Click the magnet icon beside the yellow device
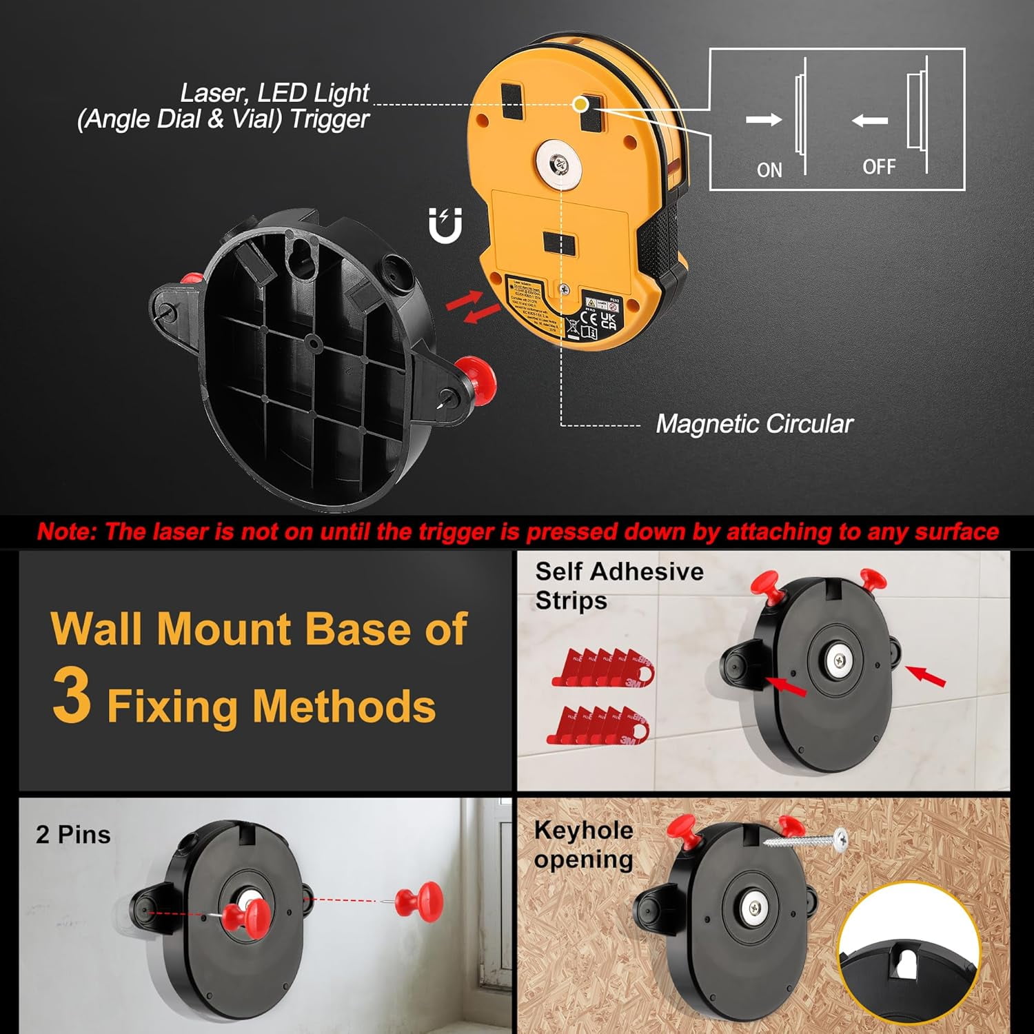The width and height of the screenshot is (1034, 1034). [445, 225]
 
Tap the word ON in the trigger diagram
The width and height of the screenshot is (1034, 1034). [769, 170]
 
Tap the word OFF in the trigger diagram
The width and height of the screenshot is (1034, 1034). [879, 167]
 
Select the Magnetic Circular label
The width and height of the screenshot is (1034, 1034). [754, 424]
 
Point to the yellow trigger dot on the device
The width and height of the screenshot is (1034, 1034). [581, 104]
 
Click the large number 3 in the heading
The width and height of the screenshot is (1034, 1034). [72, 696]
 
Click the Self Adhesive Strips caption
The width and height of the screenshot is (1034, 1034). [618, 585]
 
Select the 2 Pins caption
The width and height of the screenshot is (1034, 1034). [73, 834]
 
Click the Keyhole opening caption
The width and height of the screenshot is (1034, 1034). [583, 844]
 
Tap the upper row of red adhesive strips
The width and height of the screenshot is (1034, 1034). [602, 667]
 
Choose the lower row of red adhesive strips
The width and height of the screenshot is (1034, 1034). [598, 725]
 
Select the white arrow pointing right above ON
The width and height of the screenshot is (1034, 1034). [763, 120]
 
